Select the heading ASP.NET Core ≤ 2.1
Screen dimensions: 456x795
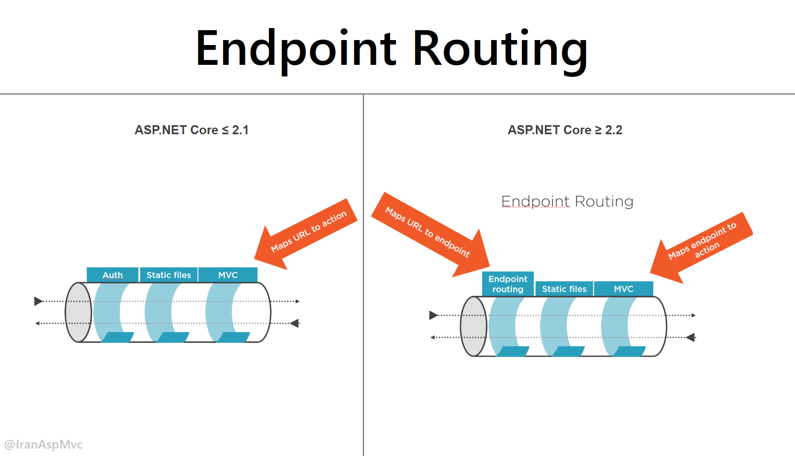point(191,130)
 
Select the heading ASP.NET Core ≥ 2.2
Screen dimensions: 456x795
point(564,130)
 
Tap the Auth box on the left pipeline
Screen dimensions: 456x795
point(112,275)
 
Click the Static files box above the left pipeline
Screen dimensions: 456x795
point(169,275)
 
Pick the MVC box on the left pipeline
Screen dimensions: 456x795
point(228,275)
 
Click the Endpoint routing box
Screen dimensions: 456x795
point(508,284)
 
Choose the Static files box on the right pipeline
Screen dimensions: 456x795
point(564,289)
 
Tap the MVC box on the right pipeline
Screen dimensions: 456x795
point(624,289)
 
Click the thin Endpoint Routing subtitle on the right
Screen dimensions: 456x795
point(567,202)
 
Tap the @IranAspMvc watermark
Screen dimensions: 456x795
point(43,444)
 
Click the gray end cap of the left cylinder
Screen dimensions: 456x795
point(78,312)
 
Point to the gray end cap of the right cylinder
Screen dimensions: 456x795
point(474,326)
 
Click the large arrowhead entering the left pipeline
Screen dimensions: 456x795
point(38,301)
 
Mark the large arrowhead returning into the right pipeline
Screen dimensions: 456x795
point(690,337)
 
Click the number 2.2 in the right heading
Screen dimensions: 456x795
point(614,130)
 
